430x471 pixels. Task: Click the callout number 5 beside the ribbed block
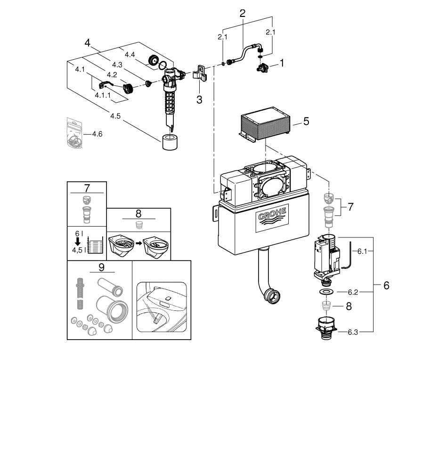click(x=306, y=122)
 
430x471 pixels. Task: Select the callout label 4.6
click(x=97, y=134)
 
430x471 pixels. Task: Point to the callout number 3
click(x=199, y=99)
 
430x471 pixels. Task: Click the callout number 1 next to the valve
click(x=282, y=63)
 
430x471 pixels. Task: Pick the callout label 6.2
click(x=353, y=292)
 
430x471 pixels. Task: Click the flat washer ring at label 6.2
click(x=325, y=292)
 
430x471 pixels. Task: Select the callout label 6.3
click(x=353, y=332)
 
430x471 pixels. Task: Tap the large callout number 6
click(x=386, y=285)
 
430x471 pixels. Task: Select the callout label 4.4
click(x=130, y=55)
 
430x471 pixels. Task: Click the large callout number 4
click(x=87, y=43)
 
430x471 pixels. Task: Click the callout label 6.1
click(x=362, y=252)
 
